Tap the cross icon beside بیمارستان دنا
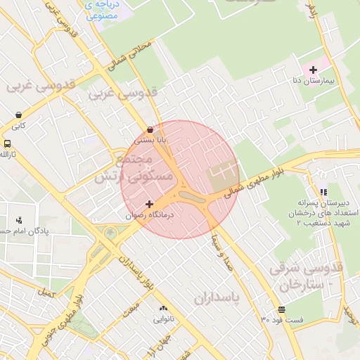(x=313, y=70)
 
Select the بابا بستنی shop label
(x=151, y=141)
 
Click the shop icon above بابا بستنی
(x=151, y=129)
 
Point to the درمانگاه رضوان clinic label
(x=149, y=215)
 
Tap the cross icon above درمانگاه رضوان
(x=149, y=204)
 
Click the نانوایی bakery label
(x=163, y=320)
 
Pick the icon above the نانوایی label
(x=163, y=309)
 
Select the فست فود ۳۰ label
(x=281, y=320)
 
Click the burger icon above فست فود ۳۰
(x=281, y=309)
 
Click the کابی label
(x=18, y=127)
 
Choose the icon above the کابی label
(x=18, y=115)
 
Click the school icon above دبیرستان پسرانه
(x=323, y=191)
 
